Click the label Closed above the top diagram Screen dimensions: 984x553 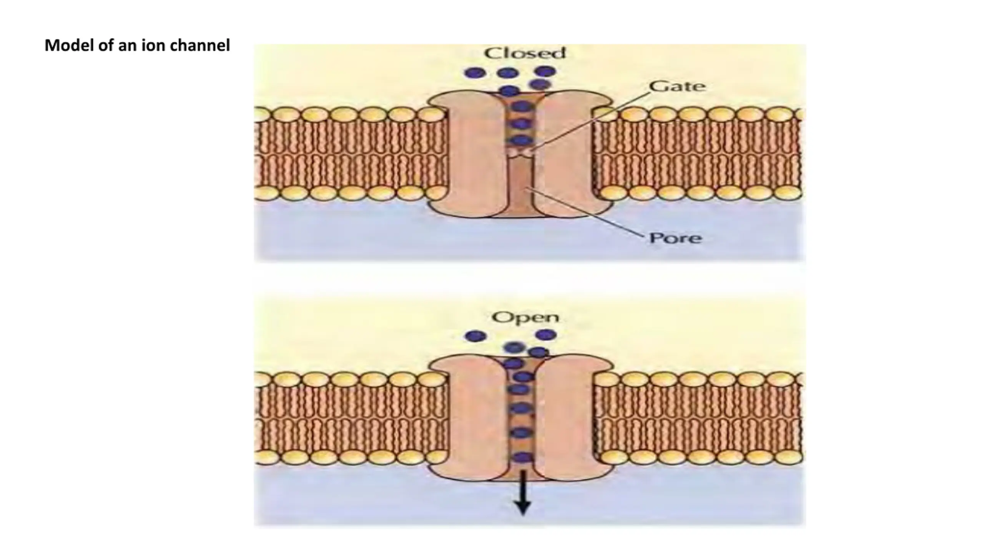pos(525,53)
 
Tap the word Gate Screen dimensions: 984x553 pos(677,86)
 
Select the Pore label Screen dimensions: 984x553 pos(675,238)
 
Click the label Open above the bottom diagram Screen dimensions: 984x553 pos(525,318)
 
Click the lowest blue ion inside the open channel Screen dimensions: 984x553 pos(522,457)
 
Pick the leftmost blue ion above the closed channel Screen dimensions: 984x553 pos(475,72)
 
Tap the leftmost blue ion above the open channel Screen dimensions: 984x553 pos(475,336)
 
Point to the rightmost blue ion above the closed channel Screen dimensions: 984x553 pos(545,71)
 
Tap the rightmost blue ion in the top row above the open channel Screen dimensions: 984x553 pos(546,335)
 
